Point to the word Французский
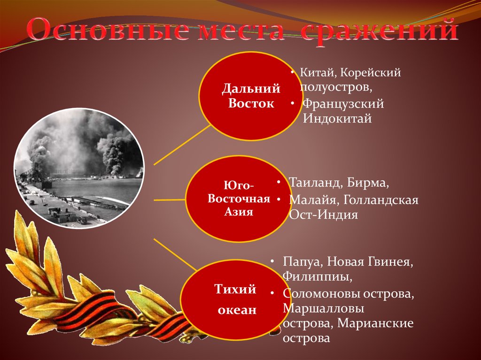343,104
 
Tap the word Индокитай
337,119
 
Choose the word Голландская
380,200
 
